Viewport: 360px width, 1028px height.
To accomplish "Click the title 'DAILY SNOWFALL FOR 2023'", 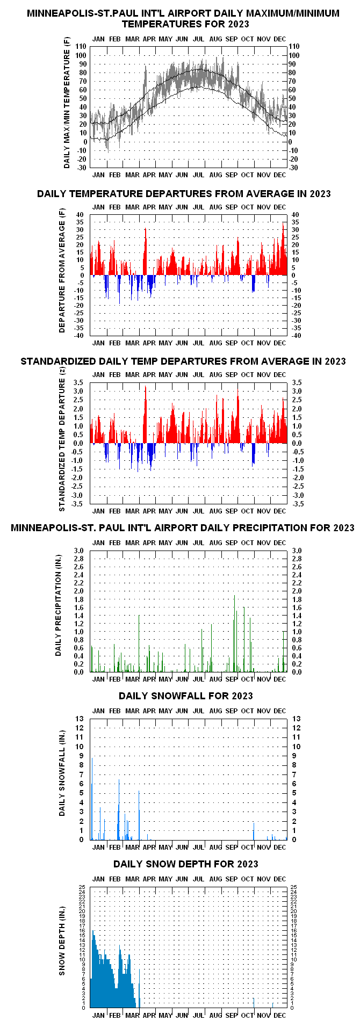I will [185, 696].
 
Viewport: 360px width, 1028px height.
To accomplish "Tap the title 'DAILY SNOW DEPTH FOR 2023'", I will [185, 864].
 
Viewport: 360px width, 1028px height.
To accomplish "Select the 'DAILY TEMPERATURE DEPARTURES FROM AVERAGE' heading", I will [184, 193].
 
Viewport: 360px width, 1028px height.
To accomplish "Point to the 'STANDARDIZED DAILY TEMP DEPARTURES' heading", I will [183, 361].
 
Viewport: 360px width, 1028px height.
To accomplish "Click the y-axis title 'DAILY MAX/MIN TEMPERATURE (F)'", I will [67, 102].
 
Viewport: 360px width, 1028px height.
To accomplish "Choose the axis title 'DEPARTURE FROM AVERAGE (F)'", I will [62, 275].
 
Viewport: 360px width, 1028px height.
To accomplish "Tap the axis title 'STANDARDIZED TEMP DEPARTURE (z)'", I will [62, 443].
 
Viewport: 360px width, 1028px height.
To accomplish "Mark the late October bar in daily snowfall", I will [254, 830].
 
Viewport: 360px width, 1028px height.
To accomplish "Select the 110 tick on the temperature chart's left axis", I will [81, 47].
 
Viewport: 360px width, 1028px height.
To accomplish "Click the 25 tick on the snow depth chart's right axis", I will [293, 887].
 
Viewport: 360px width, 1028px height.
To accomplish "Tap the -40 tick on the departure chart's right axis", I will [295, 336].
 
